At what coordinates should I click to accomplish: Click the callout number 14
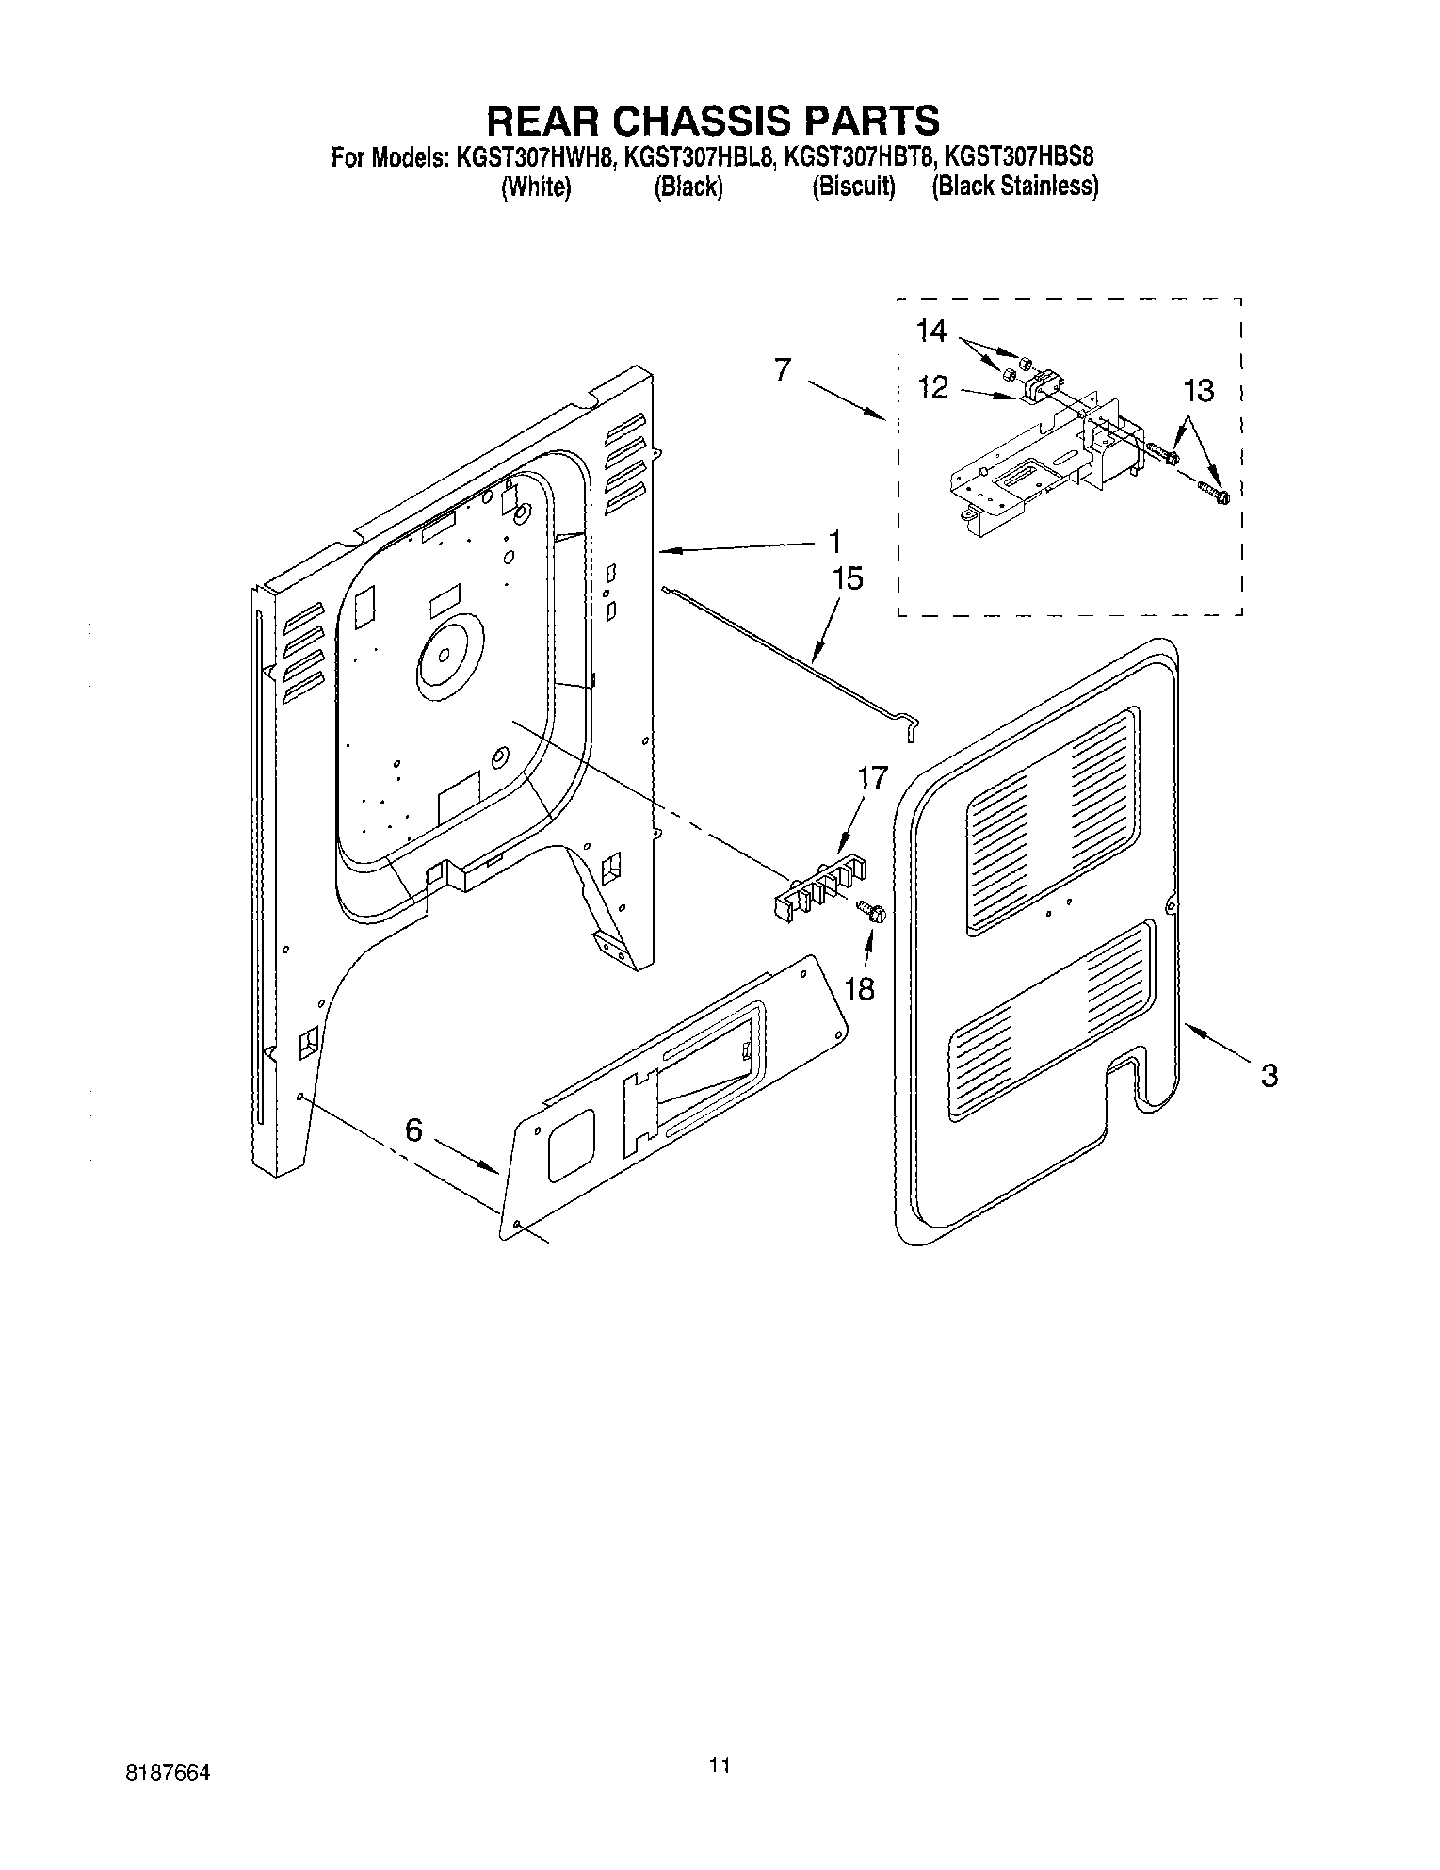click(x=930, y=331)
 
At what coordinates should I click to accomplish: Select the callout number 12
click(x=932, y=388)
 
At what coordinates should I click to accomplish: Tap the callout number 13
click(x=1198, y=391)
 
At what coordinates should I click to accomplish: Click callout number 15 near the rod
click(x=848, y=578)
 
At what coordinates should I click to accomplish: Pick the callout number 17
click(x=872, y=778)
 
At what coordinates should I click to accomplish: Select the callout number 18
click(x=860, y=988)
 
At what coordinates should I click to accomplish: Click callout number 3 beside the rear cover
click(x=1269, y=1075)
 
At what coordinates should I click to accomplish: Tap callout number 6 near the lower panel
click(x=414, y=1130)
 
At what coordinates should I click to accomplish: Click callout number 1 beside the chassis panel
click(x=834, y=543)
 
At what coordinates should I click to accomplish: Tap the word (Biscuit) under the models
click(x=853, y=187)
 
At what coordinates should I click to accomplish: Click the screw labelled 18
click(x=872, y=911)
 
